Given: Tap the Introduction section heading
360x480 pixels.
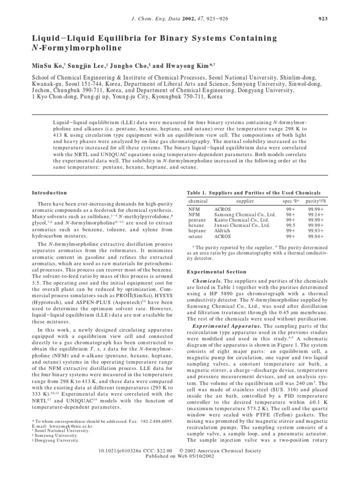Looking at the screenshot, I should [x=49, y=193].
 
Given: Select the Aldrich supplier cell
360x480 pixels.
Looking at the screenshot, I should [x=223, y=231].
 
